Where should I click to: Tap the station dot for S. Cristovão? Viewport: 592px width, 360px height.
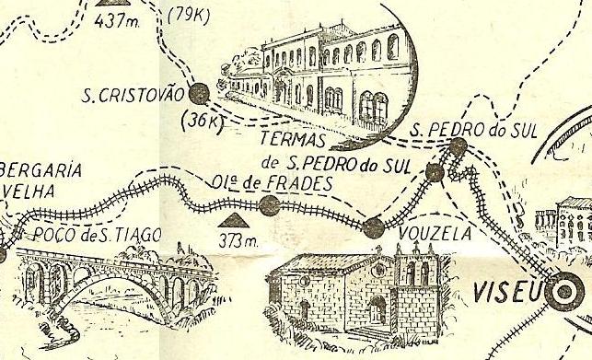[196, 92]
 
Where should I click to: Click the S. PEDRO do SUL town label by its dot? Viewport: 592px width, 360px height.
[461, 129]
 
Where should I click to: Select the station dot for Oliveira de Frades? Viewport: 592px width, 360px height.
[270, 204]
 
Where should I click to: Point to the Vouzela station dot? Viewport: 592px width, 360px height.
[373, 227]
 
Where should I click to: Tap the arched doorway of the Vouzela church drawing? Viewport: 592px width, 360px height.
[377, 308]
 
